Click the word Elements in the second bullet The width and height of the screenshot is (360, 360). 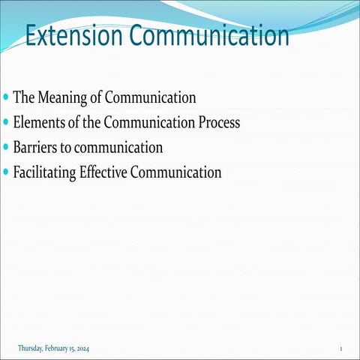40,123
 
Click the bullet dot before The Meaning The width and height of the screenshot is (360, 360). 7,98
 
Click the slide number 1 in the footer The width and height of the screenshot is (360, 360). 340,349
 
